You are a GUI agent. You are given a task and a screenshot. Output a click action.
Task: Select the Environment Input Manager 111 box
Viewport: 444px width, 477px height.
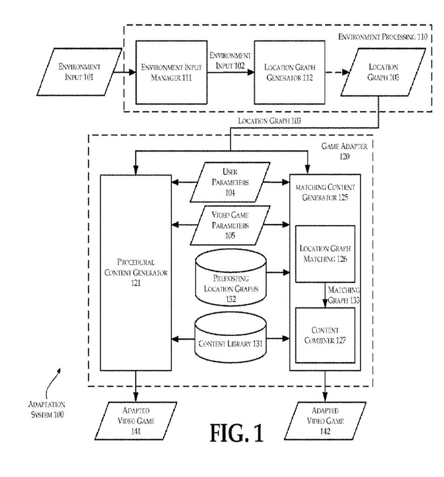(171, 72)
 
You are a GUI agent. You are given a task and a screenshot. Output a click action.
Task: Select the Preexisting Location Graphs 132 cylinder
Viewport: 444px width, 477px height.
(230, 278)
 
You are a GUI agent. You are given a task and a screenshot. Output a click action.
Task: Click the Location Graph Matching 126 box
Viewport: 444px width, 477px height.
(325, 254)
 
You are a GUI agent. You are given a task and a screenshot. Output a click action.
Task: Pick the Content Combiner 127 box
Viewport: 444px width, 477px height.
(325, 335)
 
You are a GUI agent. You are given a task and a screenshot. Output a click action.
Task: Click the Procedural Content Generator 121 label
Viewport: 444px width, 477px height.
(135, 272)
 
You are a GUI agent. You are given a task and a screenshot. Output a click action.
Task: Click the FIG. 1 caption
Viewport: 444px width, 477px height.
(236, 432)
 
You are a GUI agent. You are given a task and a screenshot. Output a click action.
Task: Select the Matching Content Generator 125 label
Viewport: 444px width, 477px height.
(325, 192)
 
